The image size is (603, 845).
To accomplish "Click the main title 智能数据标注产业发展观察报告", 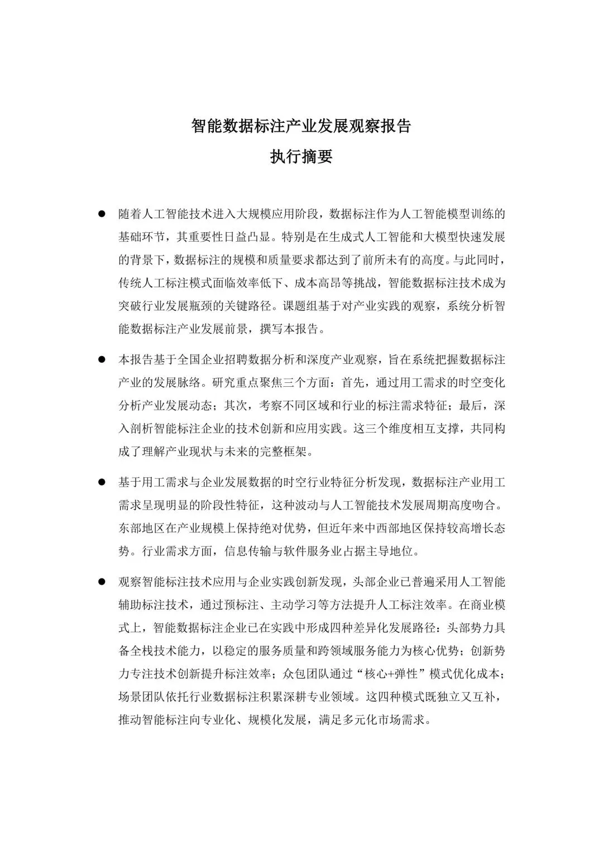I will click(301, 126).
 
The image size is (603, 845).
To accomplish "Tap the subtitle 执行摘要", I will click(301, 157).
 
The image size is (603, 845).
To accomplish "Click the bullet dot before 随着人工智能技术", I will click(102, 214).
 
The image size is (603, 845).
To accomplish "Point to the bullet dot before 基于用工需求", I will click(102, 481).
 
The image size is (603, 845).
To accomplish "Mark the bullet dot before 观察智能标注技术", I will click(102, 582).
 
